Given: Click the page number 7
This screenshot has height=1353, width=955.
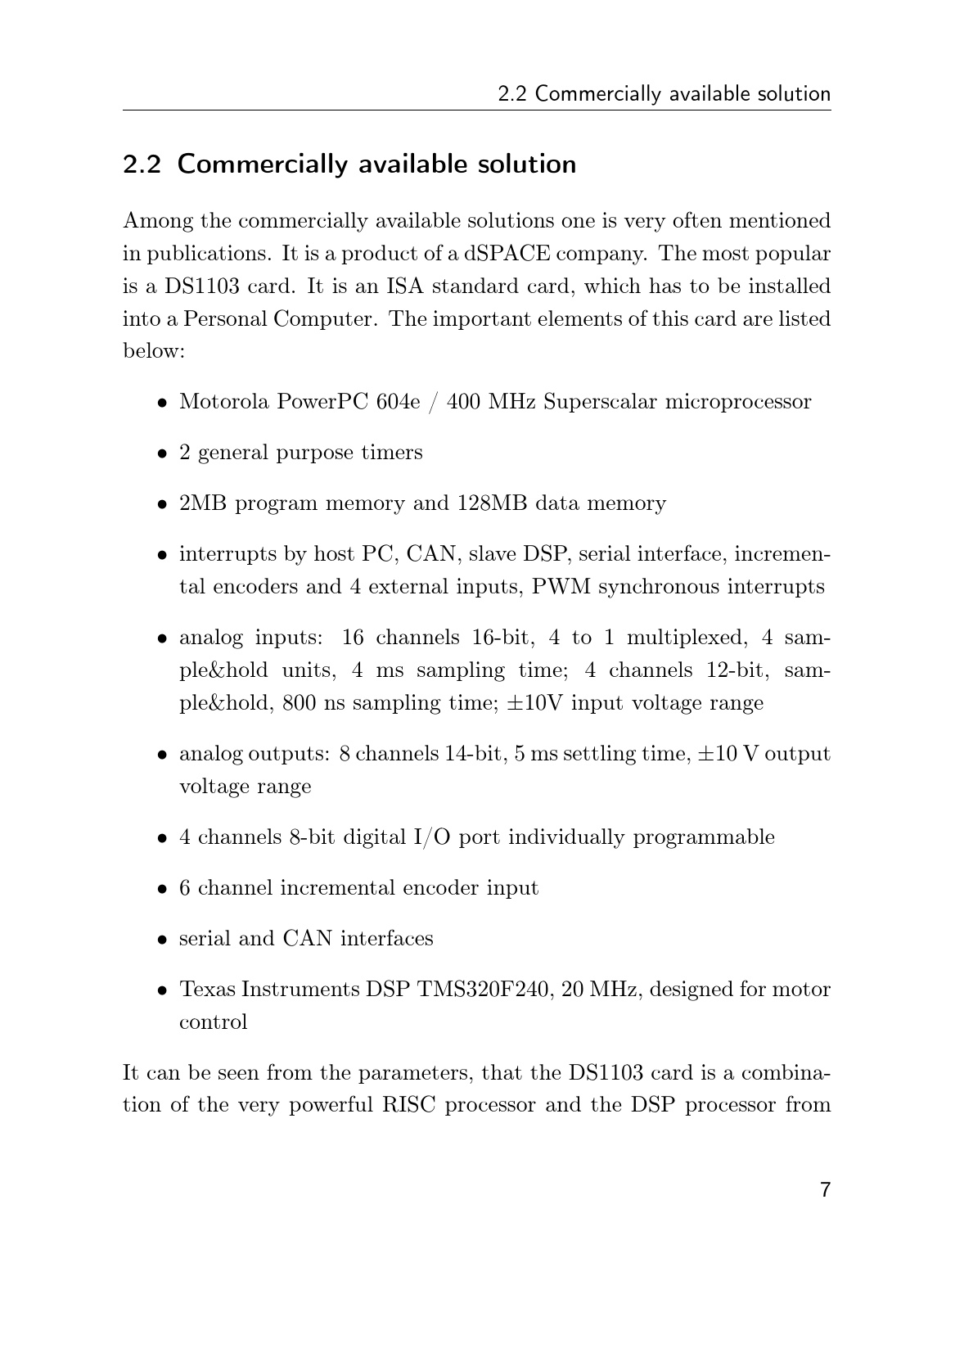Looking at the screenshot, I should [x=825, y=1189].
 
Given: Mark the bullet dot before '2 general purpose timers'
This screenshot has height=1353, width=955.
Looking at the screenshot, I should [x=164, y=453].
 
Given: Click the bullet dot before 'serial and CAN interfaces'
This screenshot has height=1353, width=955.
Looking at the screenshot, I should [x=164, y=939].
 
